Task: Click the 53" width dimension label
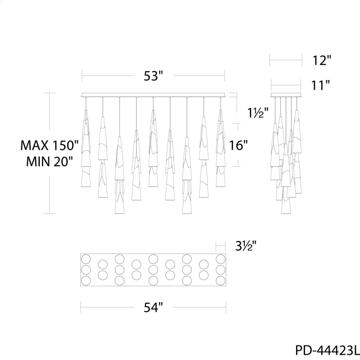tap(153, 76)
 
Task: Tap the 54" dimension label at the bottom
tap(153, 307)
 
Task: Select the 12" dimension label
tap(322, 61)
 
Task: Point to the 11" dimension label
tap(320, 85)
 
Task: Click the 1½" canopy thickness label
tap(258, 113)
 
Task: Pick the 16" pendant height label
tap(238, 145)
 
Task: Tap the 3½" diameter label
tap(246, 246)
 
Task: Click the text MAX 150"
tap(49, 145)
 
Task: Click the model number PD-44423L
tap(328, 351)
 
